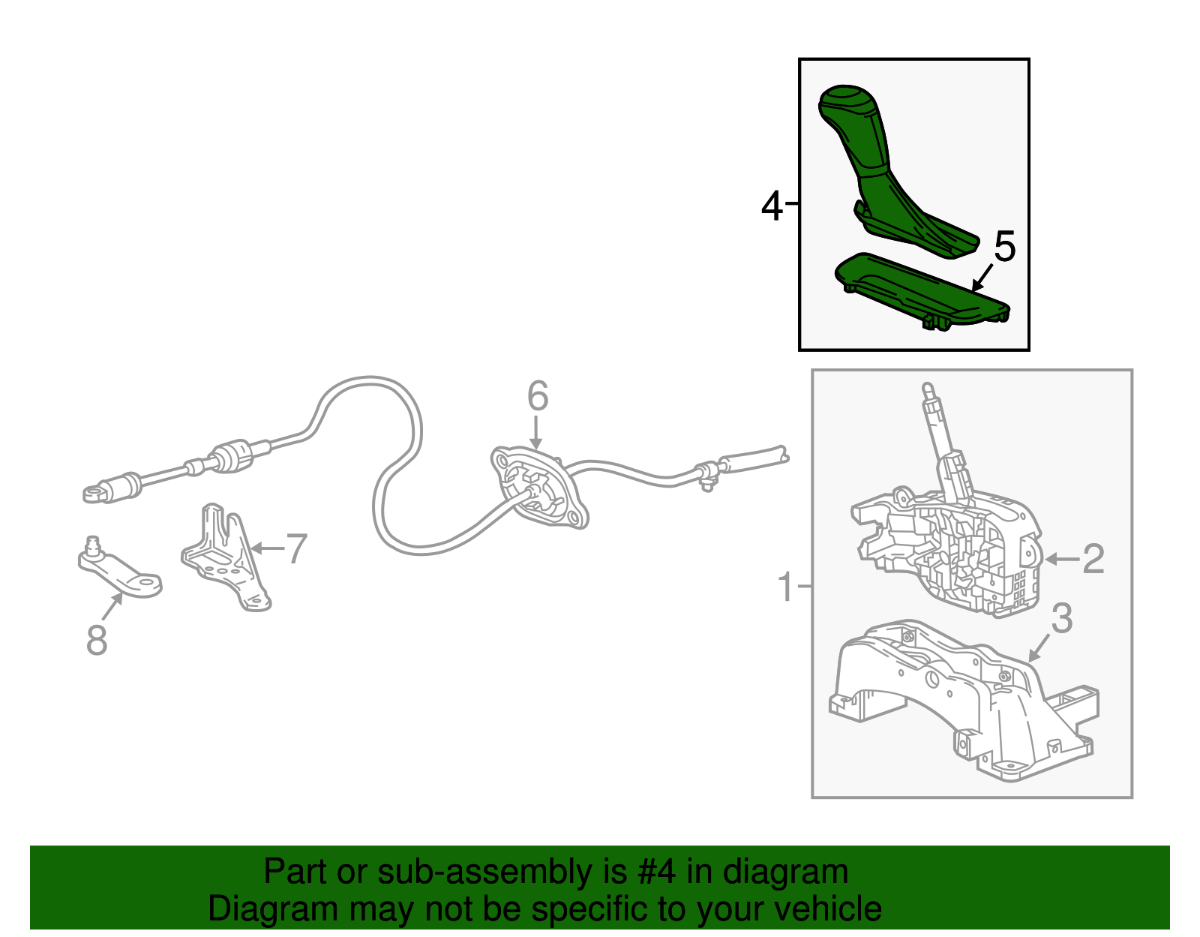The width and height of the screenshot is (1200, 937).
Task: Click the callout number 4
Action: point(772,206)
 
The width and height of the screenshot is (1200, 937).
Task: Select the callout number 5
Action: point(1004,246)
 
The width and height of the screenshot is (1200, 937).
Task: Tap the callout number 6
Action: point(537,396)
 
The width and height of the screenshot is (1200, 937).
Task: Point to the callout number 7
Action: point(296,549)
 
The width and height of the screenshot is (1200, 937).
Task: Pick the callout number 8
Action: point(97,640)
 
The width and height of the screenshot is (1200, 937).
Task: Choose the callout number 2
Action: point(1093,559)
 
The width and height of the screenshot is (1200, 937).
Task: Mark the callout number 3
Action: point(1061,618)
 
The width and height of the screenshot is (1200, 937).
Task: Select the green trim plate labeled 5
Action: point(922,290)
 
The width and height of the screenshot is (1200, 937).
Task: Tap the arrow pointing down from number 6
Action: point(535,432)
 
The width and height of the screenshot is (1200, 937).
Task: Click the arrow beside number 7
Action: point(267,548)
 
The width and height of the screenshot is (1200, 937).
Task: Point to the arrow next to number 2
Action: point(1062,560)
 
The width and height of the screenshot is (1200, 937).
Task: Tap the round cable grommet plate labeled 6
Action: point(539,487)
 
